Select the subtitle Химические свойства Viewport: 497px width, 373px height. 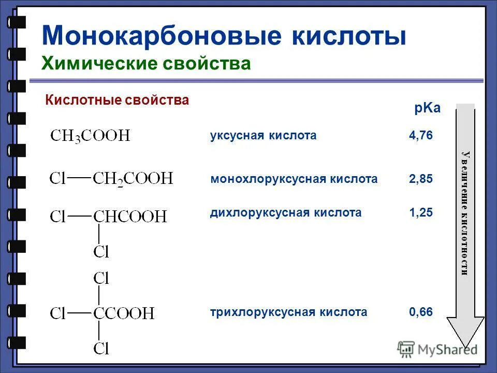click(146, 63)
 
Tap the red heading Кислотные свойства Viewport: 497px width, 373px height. click(117, 100)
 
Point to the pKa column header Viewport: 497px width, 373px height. click(427, 108)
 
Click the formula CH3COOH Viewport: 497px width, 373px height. click(90, 137)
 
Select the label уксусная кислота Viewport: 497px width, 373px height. click(263, 136)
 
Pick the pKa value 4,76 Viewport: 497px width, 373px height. click(420, 136)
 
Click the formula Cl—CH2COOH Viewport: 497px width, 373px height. click(111, 179)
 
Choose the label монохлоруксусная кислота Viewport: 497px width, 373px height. click(294, 179)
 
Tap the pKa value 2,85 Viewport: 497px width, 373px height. click(420, 179)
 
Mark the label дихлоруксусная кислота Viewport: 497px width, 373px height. click(286, 212)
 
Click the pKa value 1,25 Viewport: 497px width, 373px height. click(420, 212)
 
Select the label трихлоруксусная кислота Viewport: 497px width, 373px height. click(288, 312)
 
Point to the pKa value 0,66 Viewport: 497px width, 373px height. click(420, 312)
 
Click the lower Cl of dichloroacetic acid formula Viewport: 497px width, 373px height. click(101, 252)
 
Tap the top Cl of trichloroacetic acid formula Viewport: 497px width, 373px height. click(101, 279)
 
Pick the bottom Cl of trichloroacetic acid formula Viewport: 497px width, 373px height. click(101, 348)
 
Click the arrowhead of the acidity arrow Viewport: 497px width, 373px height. click(465, 332)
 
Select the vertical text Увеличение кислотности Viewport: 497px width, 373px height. click(465, 212)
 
